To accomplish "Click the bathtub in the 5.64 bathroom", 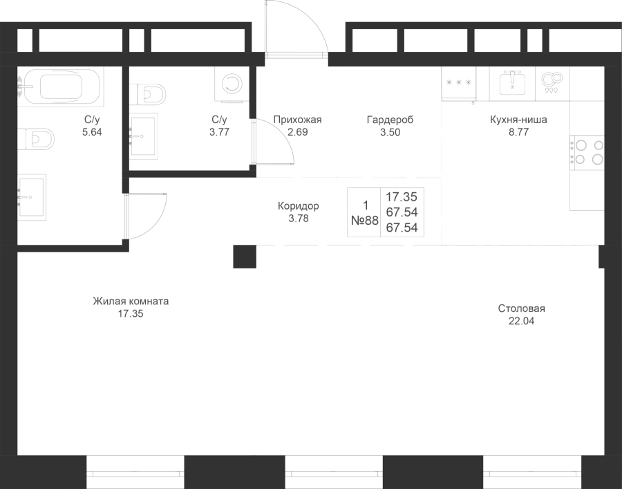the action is (61, 86).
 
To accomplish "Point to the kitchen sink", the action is (512, 84).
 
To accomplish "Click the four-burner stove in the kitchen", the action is (587, 152).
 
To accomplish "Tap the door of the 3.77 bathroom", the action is (273, 141).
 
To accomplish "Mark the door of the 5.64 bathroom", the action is (145, 216).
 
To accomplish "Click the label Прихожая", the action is (297, 120).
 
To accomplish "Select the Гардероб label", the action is (390, 120).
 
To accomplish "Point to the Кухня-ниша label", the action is (518, 120).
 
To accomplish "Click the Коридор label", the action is (299, 206).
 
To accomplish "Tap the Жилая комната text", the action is (131, 302).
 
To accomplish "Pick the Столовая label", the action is (522, 308).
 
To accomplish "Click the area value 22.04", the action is (522, 321).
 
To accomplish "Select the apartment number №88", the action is (365, 220).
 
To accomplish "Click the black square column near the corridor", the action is (245, 257).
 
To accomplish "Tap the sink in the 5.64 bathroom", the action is (32, 197).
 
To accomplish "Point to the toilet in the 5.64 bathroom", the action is (36, 138).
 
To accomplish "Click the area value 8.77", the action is (519, 132).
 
